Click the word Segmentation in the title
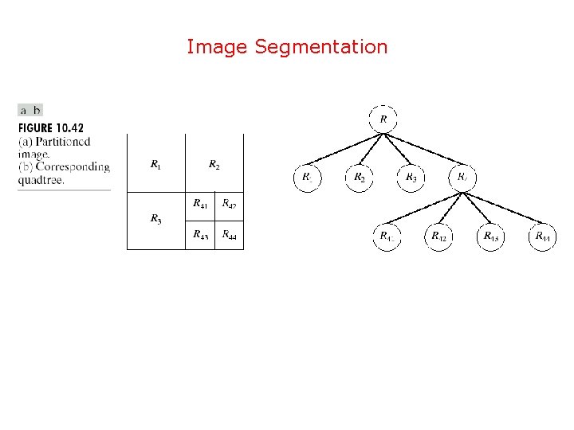[x=321, y=48]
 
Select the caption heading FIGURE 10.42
[x=51, y=127]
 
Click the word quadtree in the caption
[x=41, y=179]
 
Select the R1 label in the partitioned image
[x=155, y=165]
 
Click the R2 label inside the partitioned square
[x=214, y=165]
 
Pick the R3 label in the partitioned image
[x=155, y=219]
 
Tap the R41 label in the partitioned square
[x=200, y=204]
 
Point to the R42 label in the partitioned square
[x=229, y=204]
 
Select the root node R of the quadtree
[x=383, y=119]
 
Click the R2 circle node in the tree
[x=359, y=177]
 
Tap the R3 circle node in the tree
[x=411, y=177]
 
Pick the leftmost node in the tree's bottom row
[x=387, y=236]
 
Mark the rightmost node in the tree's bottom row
[x=542, y=236]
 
